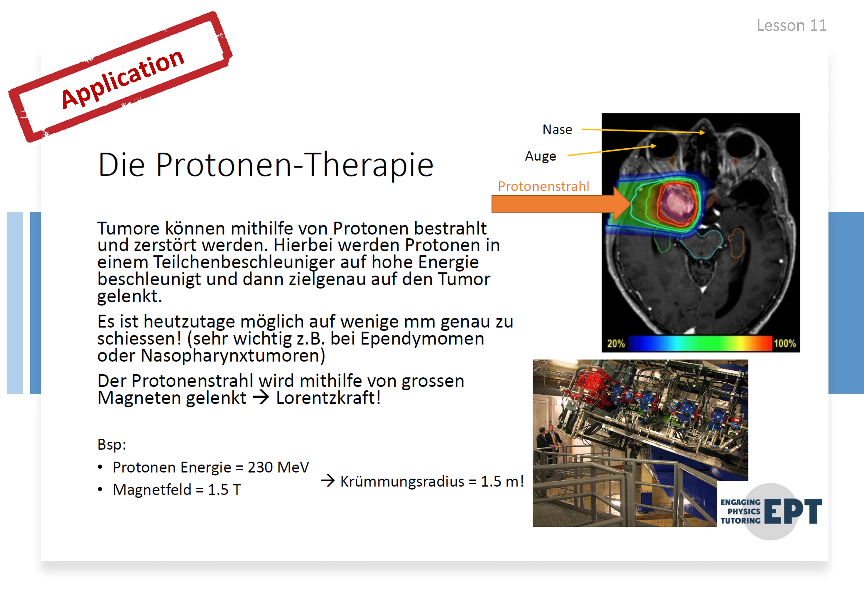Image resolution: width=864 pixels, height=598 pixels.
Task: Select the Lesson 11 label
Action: [x=791, y=25]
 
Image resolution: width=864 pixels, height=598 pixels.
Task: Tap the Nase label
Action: [x=557, y=130]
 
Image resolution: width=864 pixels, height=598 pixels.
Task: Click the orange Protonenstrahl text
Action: [x=543, y=186]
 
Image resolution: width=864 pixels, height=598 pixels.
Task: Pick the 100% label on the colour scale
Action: [x=785, y=343]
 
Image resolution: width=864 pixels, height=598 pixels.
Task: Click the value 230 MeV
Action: [x=278, y=467]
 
